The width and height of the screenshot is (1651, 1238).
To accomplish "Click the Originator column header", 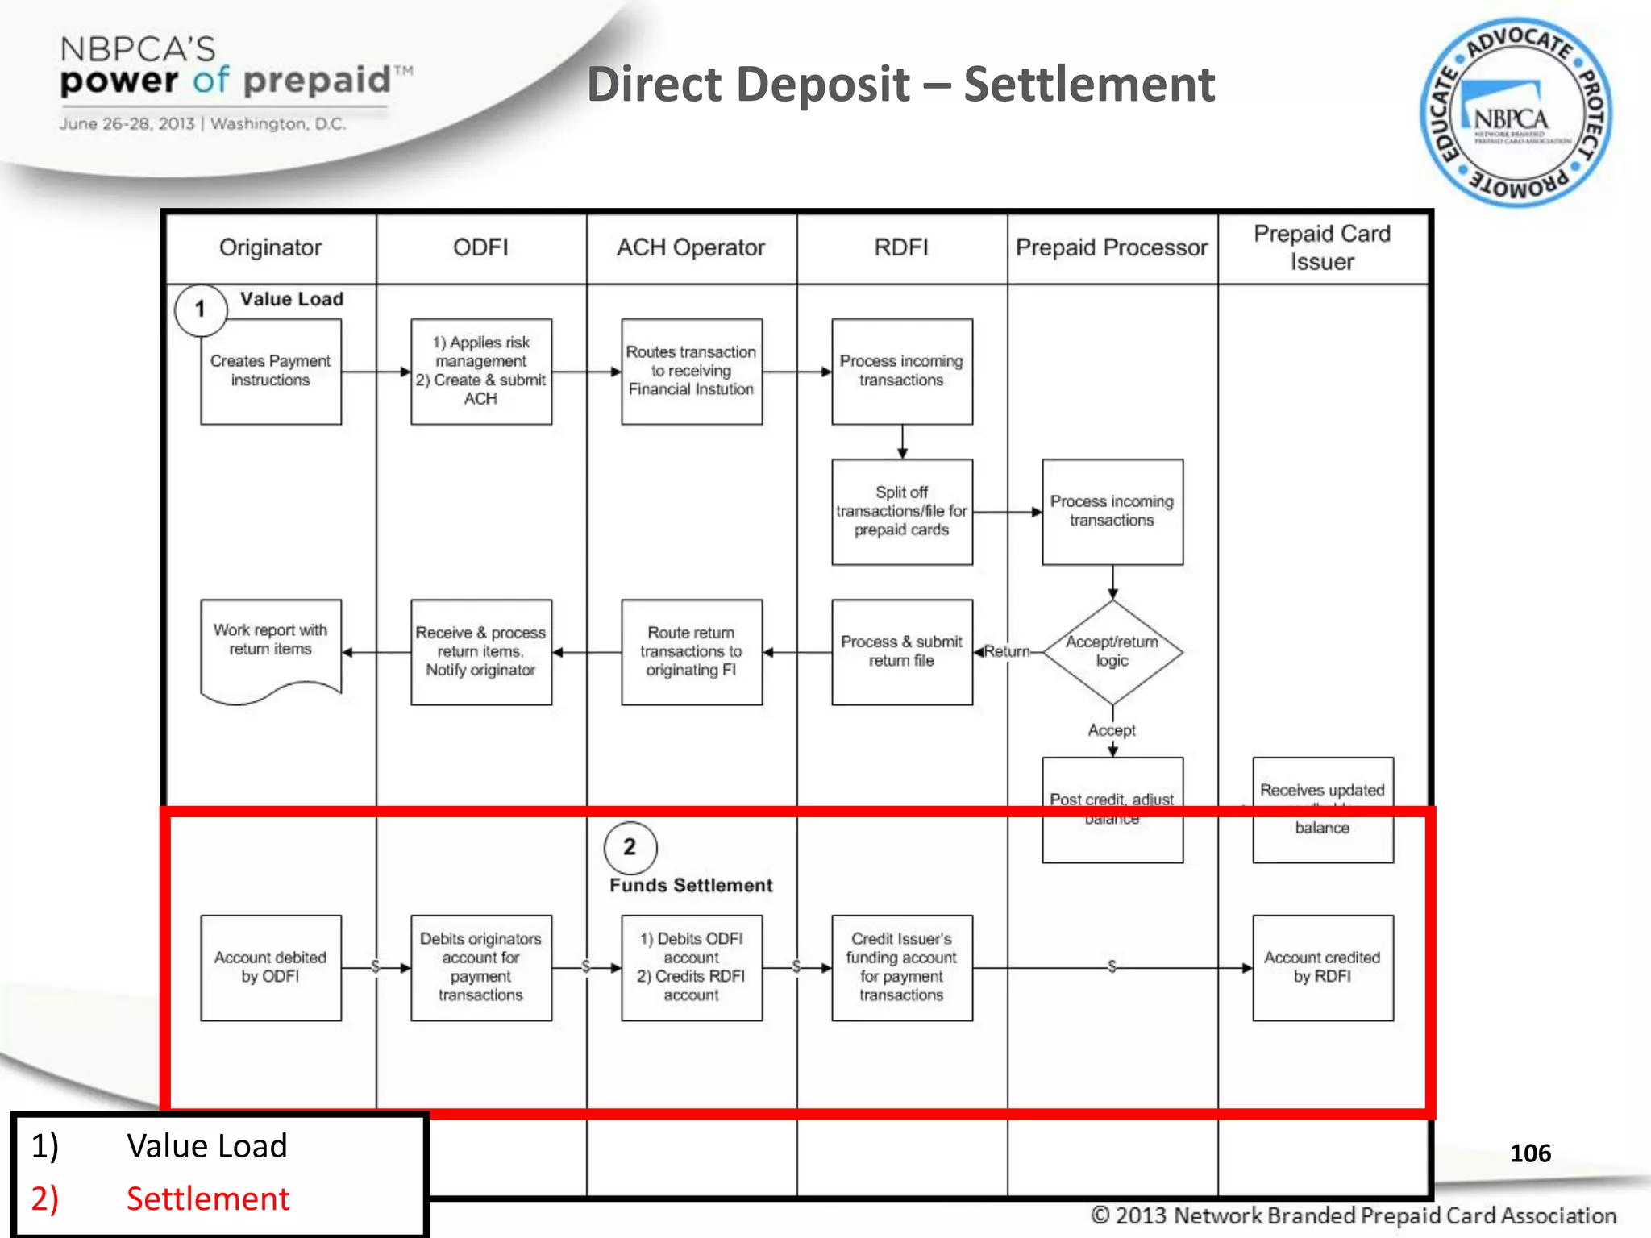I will click(x=270, y=247).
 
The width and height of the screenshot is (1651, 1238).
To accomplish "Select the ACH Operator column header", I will click(x=691, y=247).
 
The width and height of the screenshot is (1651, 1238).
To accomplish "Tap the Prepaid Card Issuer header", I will click(x=1322, y=247).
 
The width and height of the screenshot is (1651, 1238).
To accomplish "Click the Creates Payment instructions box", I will click(x=271, y=372).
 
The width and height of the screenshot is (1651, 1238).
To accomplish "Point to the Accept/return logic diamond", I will click(x=1112, y=651).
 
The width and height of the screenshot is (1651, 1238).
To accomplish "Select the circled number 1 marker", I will click(x=200, y=309).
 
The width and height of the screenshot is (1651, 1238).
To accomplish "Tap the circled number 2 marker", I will click(x=630, y=847).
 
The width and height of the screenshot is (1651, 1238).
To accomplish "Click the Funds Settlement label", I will click(x=691, y=885).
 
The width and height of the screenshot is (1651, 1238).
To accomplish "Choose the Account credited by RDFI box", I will click(x=1322, y=967).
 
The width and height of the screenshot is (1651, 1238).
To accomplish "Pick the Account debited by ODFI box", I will click(x=271, y=967).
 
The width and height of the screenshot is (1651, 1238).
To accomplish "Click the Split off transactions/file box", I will click(x=901, y=512).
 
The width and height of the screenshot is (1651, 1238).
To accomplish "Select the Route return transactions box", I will click(x=691, y=651).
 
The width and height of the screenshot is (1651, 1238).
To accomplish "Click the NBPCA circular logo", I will click(x=1516, y=113).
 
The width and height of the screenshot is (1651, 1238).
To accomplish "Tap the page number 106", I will click(x=1529, y=1153).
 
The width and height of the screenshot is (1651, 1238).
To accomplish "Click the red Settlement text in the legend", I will click(x=207, y=1199).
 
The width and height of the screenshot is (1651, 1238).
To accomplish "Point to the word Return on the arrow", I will click(x=1007, y=651).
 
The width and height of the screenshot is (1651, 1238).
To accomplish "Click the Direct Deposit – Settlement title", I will click(x=900, y=85).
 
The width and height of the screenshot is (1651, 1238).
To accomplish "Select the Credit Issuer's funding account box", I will click(x=901, y=967).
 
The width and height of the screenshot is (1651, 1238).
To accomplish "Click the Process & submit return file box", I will click(x=901, y=651).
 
